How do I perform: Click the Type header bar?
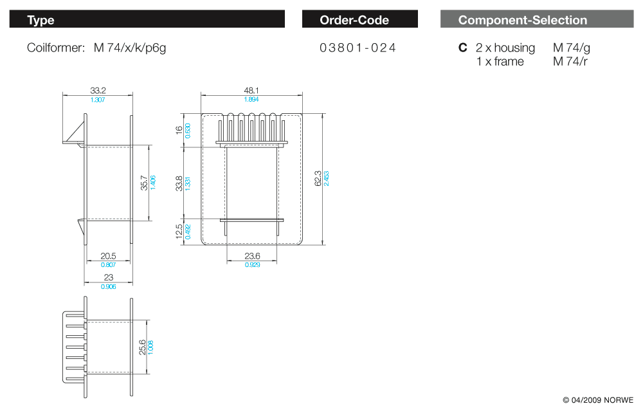(147, 19)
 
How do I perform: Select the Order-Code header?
(359, 19)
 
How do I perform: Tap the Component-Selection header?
(537, 19)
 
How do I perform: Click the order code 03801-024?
(358, 48)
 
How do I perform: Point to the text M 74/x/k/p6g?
(130, 48)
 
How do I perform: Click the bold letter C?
(462, 48)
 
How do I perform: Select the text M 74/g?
(570, 48)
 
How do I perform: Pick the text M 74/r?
(570, 62)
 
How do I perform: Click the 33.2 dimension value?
(98, 91)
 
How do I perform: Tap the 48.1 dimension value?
(251, 91)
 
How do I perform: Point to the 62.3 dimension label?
(318, 178)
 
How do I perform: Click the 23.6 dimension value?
(252, 256)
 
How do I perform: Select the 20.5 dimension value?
(108, 256)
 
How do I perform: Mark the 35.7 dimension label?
(144, 183)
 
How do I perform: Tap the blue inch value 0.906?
(108, 286)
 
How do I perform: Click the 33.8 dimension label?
(179, 183)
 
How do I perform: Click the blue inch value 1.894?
(251, 100)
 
